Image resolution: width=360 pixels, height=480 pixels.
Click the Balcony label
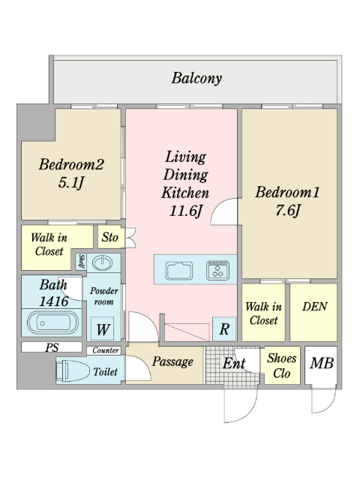[x=196, y=78]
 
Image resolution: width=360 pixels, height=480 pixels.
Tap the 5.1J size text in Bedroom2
[x=71, y=183]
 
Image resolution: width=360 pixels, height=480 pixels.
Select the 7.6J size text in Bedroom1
[x=288, y=211]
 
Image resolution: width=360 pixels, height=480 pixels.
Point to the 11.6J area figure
[x=186, y=211]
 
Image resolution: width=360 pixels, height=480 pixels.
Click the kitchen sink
[x=179, y=271]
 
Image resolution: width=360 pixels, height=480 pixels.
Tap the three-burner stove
[x=217, y=270]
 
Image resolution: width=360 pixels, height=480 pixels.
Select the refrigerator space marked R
[x=224, y=329]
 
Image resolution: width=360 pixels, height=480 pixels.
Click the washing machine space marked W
[x=103, y=329]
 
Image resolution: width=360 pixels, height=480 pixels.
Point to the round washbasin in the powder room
[x=102, y=263]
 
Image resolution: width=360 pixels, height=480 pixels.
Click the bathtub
[x=52, y=322]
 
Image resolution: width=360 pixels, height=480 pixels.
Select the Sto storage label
[x=110, y=237]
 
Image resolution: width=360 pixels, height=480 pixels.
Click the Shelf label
[x=82, y=262]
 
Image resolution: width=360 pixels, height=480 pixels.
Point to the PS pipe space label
[x=52, y=347]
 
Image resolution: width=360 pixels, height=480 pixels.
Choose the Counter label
[x=106, y=350]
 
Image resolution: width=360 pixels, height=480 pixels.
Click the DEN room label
[x=315, y=307]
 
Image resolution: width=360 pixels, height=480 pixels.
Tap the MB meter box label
[x=322, y=363]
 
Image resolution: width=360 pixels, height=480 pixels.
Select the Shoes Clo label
[x=282, y=366]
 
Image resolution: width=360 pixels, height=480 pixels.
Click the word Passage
[x=172, y=361]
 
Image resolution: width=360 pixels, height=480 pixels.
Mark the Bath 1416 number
[x=54, y=301]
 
